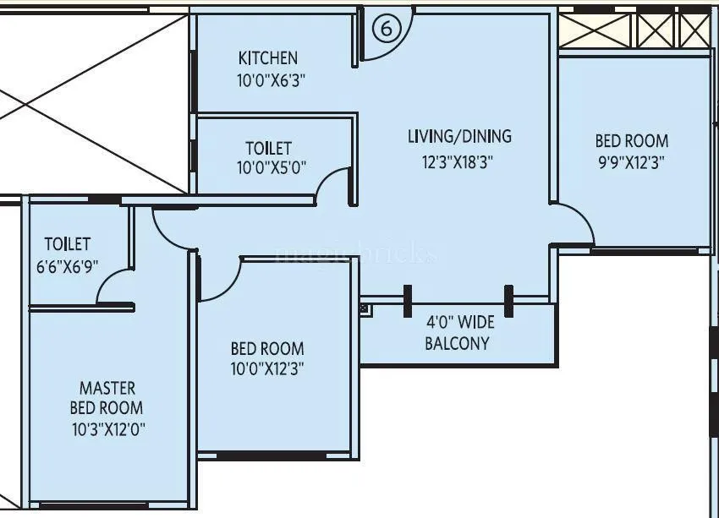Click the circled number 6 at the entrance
tap(386, 30)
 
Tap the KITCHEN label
tap(268, 58)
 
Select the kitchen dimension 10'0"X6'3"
tap(271, 81)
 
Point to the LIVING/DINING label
tap(459, 136)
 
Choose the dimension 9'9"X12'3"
tap(631, 163)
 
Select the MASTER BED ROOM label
tap(107, 398)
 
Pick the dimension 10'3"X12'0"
tap(108, 428)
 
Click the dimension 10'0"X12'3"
tap(267, 368)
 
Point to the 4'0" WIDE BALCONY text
tap(458, 334)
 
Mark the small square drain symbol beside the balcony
tap(365, 308)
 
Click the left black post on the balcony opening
tap(408, 298)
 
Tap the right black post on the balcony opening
tap(508, 298)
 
